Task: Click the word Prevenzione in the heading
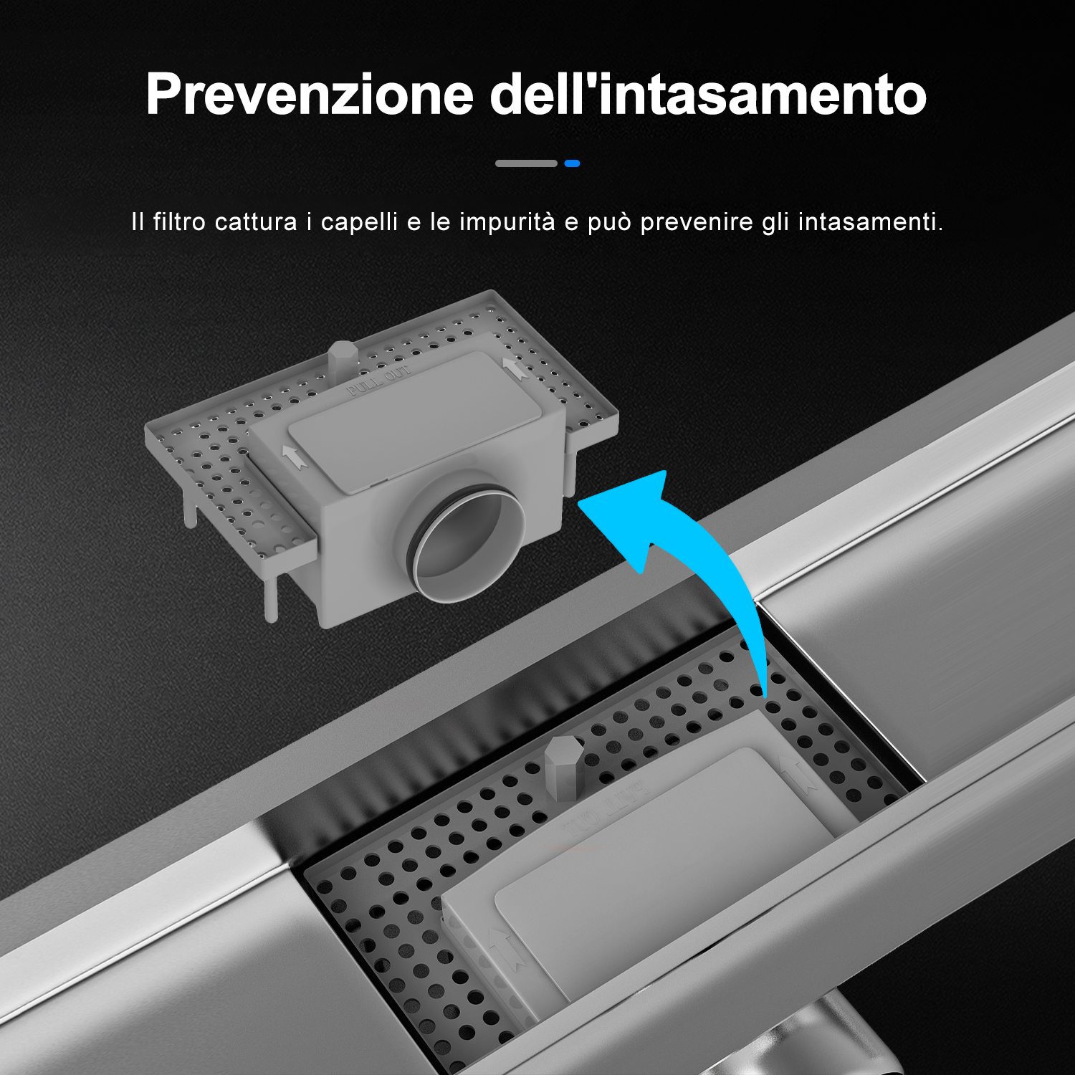click(310, 95)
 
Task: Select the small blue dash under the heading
click(572, 163)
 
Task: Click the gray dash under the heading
click(526, 163)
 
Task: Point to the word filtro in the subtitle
click(179, 221)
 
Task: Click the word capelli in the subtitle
click(359, 223)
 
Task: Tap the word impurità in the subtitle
click(507, 223)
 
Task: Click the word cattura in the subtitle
click(256, 222)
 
